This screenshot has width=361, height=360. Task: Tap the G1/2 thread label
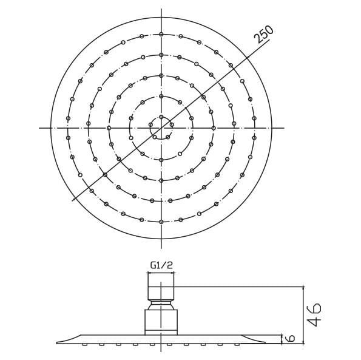coord(161,265)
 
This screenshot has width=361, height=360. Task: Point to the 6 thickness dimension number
coord(291,338)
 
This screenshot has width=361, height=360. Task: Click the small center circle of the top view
coord(161,127)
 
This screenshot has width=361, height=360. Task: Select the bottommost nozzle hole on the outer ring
coord(161,222)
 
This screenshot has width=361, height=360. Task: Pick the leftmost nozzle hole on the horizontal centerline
coord(67,127)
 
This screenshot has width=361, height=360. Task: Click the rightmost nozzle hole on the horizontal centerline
coord(254,127)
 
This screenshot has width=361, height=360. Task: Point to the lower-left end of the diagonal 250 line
coord(73,200)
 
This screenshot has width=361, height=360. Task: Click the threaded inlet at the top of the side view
coord(161,286)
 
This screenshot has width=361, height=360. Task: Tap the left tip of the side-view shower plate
coord(58,342)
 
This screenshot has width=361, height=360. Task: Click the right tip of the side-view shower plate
coord(265,342)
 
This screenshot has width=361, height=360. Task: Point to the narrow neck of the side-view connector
coord(161,303)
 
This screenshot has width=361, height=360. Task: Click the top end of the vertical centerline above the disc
coord(161,10)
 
